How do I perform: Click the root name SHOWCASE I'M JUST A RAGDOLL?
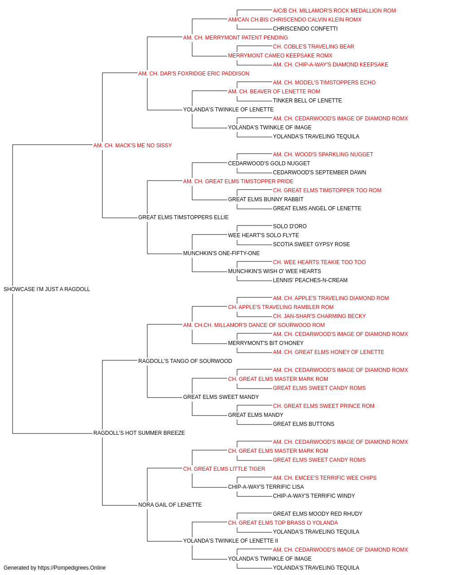[47, 289]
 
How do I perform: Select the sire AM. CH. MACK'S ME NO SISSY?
[132, 146]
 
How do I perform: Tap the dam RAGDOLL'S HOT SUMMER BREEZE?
[139, 433]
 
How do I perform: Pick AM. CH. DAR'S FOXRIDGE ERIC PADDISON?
[194, 74]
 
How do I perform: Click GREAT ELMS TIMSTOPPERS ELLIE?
[183, 217]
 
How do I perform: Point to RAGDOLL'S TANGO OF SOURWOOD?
[185, 361]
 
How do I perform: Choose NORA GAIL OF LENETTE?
[170, 505]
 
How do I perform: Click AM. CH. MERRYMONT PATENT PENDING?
[236, 38]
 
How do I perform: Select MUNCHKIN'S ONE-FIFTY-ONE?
[221, 253]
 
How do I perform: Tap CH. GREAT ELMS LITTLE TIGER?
[224, 469]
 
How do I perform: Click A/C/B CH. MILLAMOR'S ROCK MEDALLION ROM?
[334, 11]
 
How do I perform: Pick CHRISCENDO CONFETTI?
[305, 29]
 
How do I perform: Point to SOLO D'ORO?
[290, 226]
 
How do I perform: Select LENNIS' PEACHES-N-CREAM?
[310, 280]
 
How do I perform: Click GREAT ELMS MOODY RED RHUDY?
[317, 514]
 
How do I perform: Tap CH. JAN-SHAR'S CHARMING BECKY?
[319, 316]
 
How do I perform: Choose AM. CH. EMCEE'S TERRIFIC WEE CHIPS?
[325, 478]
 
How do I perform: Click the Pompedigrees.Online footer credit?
[54, 568]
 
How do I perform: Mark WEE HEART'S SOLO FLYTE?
[264, 235]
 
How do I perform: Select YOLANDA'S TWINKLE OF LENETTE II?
[231, 541]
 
